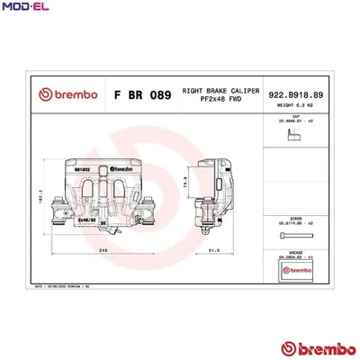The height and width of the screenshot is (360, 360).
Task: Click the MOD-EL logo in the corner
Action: click(22, 8)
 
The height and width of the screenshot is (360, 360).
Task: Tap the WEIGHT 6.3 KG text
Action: click(295, 105)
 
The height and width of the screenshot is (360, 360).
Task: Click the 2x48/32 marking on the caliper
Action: click(87, 217)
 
